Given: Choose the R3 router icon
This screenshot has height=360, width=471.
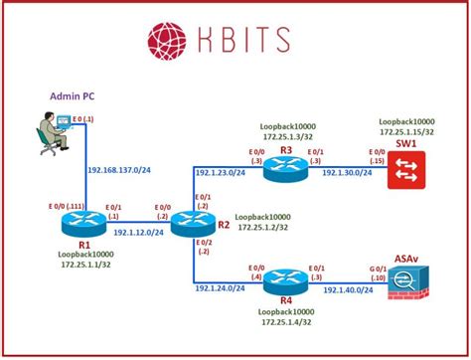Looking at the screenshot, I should pyautogui.click(x=285, y=169).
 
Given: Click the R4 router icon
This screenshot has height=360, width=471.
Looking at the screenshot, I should pyautogui.click(x=285, y=280).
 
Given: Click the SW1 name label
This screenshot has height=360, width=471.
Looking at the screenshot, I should pyautogui.click(x=406, y=146).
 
